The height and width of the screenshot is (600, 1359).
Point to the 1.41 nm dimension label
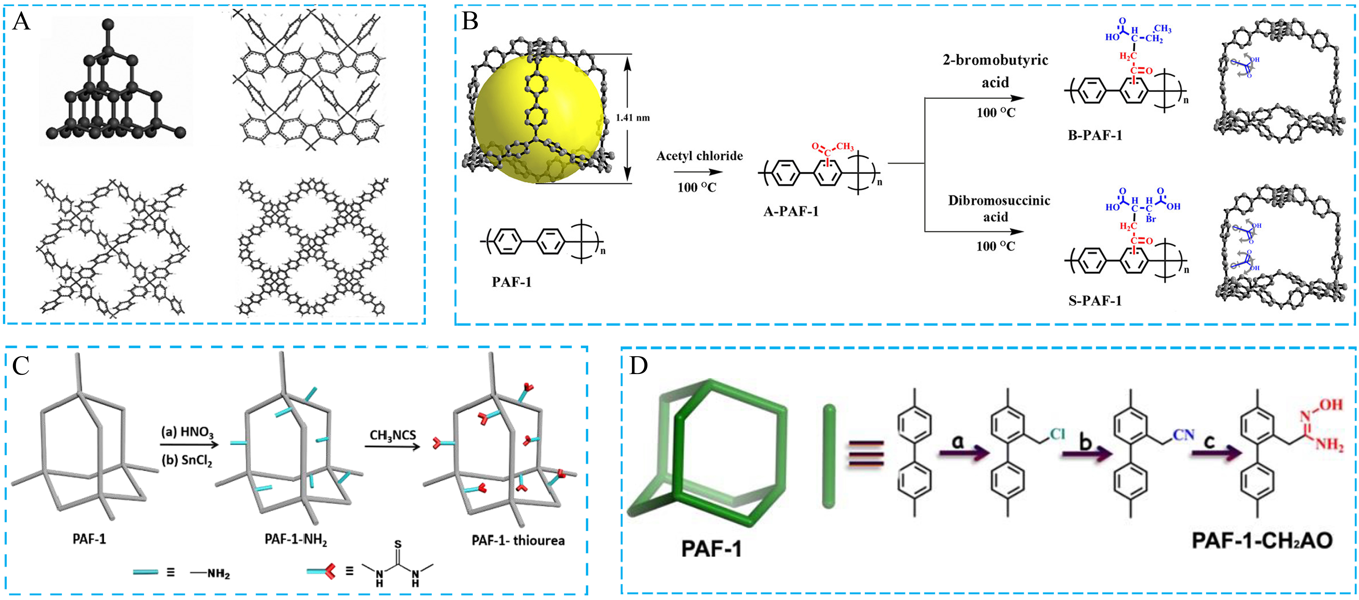633,118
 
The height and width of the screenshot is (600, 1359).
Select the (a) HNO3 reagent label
187,432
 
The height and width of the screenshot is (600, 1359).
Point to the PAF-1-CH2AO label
1262,540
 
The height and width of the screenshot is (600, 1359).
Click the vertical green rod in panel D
829,456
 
